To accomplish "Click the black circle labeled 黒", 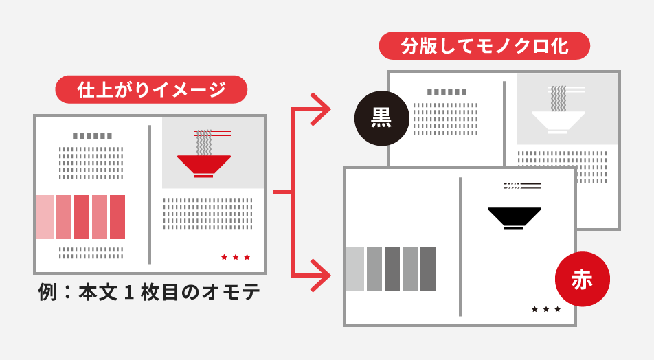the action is (x=382, y=118).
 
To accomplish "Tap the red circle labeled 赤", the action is (x=583, y=279).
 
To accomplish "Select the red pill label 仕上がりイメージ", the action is (x=151, y=89).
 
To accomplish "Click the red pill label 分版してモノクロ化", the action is (x=484, y=45).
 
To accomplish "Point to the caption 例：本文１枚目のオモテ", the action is (x=149, y=292).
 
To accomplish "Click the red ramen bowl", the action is (x=203, y=166).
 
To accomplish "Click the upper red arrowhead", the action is (x=320, y=109).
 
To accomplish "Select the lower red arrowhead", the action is (x=320, y=275).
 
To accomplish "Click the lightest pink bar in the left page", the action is (x=45, y=217).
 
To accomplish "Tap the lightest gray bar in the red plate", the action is (x=355, y=269).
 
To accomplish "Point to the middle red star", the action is (x=235, y=257).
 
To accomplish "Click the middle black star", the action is (x=546, y=309).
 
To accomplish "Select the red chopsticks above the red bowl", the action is (x=212, y=133).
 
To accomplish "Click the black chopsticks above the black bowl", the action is (x=523, y=185).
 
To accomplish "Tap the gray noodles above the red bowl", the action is (x=204, y=143).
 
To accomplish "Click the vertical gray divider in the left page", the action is (x=150, y=194).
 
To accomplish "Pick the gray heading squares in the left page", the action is (x=92, y=136).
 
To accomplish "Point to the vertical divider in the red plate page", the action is (x=460, y=247).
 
